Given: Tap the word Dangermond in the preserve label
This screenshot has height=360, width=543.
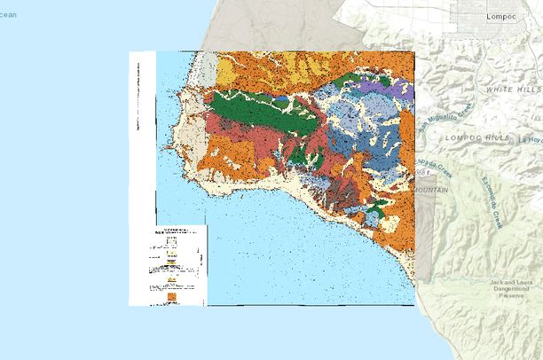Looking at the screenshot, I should (515, 290).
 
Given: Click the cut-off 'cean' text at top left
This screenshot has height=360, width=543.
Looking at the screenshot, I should (8, 14).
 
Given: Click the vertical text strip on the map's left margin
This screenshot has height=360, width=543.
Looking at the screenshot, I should (138, 98).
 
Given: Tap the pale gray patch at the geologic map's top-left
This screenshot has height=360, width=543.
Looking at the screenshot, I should (206, 69).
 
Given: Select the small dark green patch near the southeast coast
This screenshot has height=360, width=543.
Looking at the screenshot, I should (376, 210).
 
